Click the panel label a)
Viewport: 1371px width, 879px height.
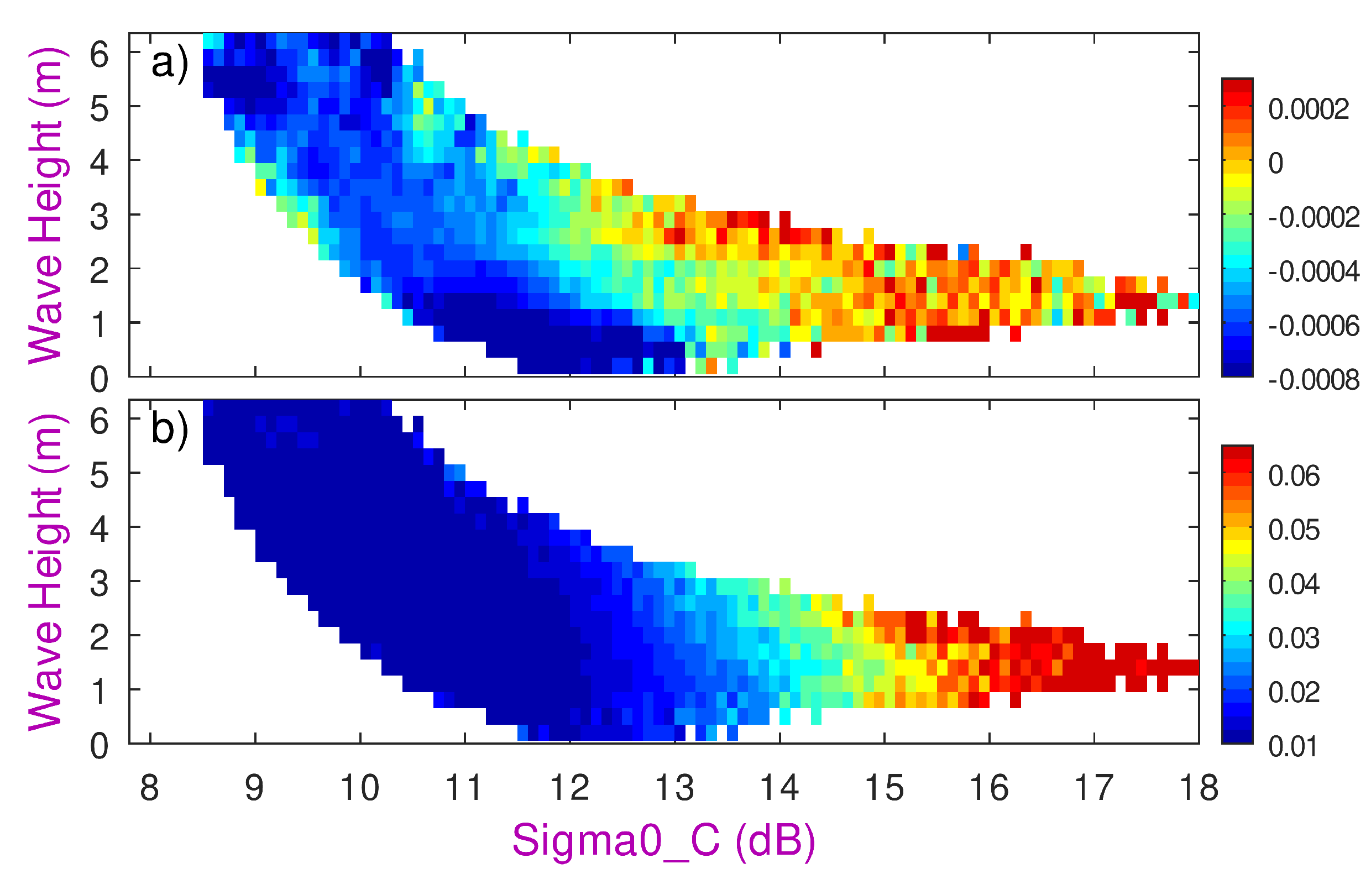[x=169, y=64]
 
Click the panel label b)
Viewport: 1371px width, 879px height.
[x=169, y=430]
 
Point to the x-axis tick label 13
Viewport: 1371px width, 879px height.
[x=674, y=788]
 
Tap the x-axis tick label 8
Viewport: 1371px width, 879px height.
[x=150, y=788]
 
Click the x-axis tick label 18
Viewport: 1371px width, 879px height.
[x=1199, y=788]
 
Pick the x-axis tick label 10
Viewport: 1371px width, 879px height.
[x=359, y=788]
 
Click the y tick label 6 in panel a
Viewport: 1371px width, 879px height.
[x=100, y=55]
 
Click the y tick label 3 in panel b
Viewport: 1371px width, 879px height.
[x=100, y=584]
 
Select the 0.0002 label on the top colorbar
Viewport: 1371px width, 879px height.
[x=1308, y=109]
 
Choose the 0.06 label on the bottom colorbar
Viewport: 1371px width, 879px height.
[x=1294, y=476]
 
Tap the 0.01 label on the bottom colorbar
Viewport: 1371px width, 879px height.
[x=1293, y=746]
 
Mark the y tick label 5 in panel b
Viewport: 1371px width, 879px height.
[x=100, y=475]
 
